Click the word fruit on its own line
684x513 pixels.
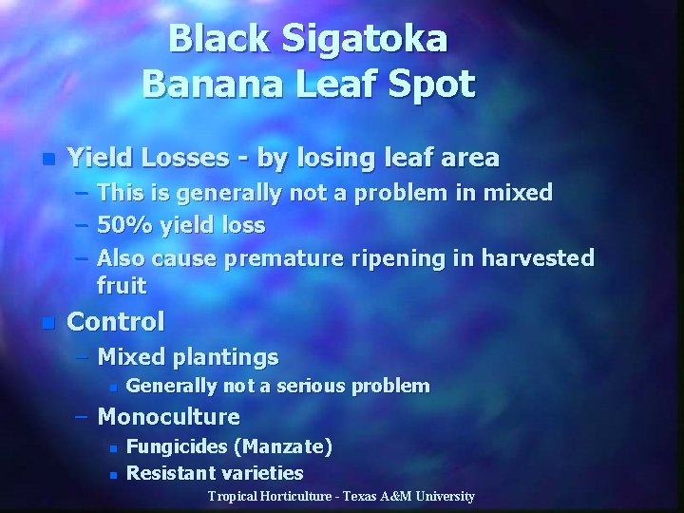pyautogui.click(x=122, y=285)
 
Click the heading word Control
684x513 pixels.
pyautogui.click(x=116, y=321)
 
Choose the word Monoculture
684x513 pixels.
pyautogui.click(x=169, y=416)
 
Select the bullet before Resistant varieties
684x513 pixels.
pyautogui.click(x=113, y=473)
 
